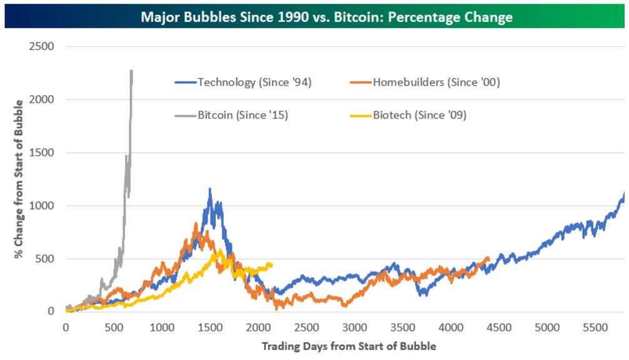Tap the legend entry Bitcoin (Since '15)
pos(242,115)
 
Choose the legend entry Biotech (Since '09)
pos(420,115)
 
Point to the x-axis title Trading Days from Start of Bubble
pos(348,346)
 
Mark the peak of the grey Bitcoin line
pos(131,71)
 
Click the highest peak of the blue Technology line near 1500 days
pos(210,188)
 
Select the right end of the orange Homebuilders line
pos(488,258)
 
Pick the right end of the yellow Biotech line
pos(272,264)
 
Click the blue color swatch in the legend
pos(185,82)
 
